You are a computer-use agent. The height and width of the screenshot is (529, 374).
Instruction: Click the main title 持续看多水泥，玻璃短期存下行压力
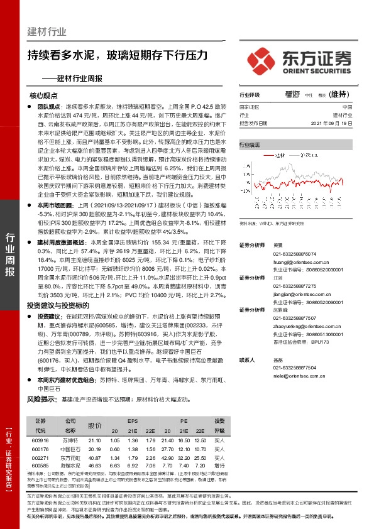pos(118,55)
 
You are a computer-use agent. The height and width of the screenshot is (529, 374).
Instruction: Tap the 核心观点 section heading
pos(43,96)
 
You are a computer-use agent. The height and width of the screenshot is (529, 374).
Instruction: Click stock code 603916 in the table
pos(41,442)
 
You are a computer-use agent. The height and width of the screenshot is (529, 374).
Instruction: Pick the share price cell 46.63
pos(95,466)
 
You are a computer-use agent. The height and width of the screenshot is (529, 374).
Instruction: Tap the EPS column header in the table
pos(133,421)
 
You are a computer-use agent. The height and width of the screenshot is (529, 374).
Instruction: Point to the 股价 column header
pos(95,425)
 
